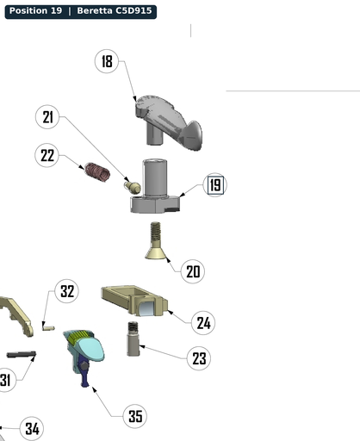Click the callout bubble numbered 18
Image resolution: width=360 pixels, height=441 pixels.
click(107, 61)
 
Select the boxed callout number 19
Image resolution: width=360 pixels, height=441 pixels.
click(215, 185)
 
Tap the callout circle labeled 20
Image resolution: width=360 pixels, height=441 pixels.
click(193, 271)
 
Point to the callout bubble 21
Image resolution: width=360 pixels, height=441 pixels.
click(47, 117)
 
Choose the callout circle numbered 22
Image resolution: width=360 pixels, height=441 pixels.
click(47, 155)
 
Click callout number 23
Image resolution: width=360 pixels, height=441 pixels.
click(199, 358)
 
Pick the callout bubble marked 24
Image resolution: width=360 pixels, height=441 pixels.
click(203, 323)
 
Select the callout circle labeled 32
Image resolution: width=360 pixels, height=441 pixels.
click(67, 291)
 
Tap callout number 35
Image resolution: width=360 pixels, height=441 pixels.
click(135, 416)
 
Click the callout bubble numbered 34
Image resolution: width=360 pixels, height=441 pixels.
click(32, 428)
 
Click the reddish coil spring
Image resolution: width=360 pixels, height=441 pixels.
click(97, 172)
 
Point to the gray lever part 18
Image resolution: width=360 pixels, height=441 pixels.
click(169, 123)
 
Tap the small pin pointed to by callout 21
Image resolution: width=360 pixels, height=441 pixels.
click(133, 187)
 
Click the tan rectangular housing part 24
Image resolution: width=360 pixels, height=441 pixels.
click(134, 301)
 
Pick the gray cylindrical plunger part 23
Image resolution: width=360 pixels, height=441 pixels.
click(133, 339)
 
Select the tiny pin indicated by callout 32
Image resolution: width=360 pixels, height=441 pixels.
click(48, 327)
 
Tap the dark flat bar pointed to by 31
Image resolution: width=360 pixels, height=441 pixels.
click(22, 355)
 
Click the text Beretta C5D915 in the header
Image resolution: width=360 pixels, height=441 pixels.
click(115, 11)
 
